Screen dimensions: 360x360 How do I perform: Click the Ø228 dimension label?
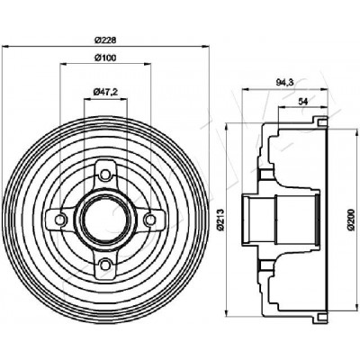(105, 40)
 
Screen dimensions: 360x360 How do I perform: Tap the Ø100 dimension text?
(105, 58)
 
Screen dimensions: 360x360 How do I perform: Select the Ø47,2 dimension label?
(105, 92)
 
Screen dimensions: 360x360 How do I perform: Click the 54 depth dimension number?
(303, 102)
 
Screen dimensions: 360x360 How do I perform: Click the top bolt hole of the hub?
(105, 175)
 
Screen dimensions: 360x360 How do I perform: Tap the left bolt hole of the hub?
(60, 220)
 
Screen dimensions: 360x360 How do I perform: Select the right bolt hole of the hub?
(149, 220)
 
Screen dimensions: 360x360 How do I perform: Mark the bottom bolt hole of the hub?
(105, 265)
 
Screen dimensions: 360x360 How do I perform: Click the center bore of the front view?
(105, 220)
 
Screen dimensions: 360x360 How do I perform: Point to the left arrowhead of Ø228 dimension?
(5, 47)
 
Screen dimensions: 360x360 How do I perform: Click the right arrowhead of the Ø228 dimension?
(204, 47)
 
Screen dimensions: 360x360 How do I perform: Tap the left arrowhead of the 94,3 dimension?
(246, 89)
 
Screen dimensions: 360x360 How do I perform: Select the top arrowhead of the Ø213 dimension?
(227, 127)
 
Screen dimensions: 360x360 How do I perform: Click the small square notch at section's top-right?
(321, 122)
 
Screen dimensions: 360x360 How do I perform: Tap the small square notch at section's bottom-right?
(321, 316)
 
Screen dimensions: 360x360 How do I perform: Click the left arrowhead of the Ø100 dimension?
(64, 64)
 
